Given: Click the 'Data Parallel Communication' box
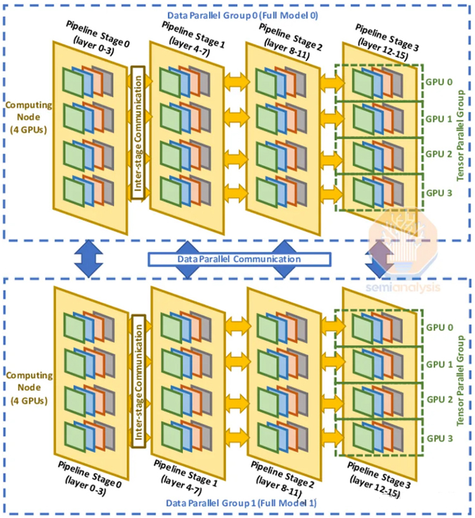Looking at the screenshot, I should pyautogui.click(x=239, y=259).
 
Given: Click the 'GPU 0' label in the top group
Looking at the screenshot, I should pyautogui.click(x=439, y=82).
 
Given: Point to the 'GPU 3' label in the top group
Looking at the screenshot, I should pyautogui.click(x=439, y=194).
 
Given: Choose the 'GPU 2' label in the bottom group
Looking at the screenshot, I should pyautogui.click(x=439, y=400).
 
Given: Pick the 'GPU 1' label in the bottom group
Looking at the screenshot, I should pyautogui.click(x=439, y=364).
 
